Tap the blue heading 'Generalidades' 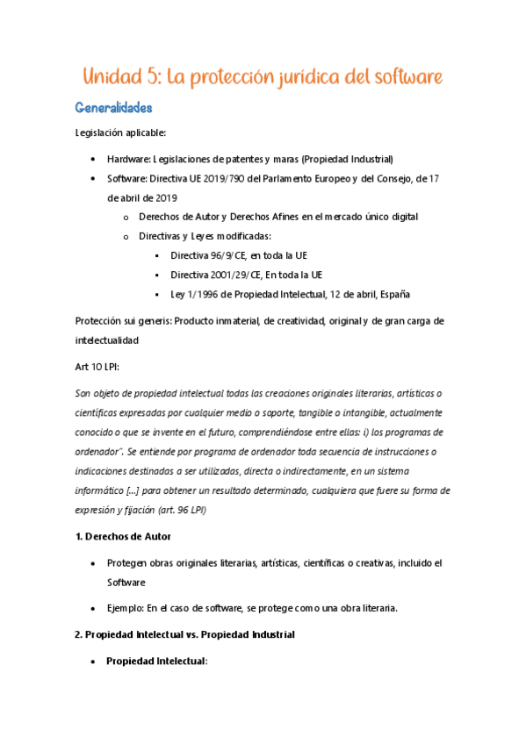114,109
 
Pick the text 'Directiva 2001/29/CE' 218,275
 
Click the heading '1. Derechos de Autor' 123,536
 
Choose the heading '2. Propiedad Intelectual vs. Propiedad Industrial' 184,633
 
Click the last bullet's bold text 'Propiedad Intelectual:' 156,661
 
